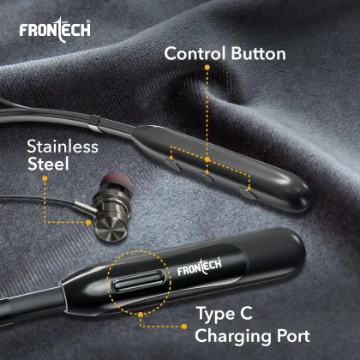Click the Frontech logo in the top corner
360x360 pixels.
coord(54,31)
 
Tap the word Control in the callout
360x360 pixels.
coord(195,55)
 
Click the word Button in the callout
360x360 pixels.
coord(256,55)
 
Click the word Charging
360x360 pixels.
coord(230,335)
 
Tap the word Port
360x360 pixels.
coord(290,335)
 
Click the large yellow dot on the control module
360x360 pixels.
coord(207,159)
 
